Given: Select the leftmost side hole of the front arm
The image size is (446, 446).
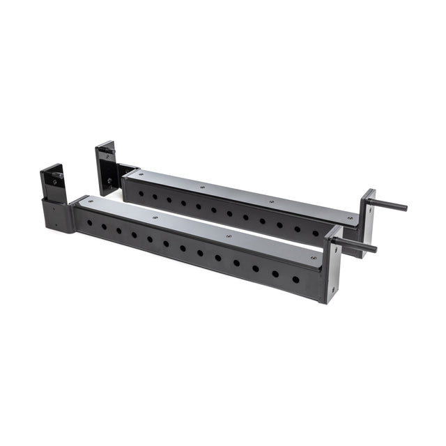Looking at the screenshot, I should click(89, 223).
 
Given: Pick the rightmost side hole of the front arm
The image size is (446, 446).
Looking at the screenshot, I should click(295, 279).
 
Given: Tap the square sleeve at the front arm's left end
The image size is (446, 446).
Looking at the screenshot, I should click(57, 215).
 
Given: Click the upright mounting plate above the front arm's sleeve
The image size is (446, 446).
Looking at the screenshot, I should click(54, 180).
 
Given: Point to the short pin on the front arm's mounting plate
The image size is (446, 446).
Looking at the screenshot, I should click(54, 182).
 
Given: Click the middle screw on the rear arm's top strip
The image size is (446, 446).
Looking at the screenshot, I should click(202, 187).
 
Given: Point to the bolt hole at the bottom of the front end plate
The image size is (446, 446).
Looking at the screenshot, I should click(332, 289).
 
